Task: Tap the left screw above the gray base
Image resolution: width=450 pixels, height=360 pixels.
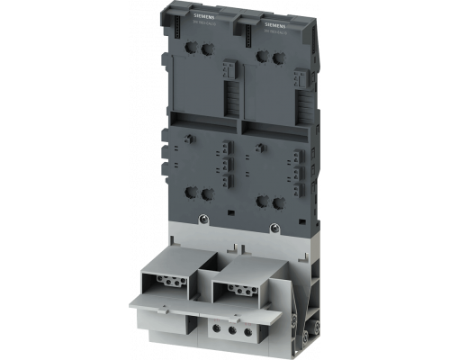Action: tap(205, 220)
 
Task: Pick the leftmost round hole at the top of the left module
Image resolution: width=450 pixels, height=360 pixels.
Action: tap(200, 55)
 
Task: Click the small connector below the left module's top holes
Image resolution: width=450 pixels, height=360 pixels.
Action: tap(227, 71)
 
